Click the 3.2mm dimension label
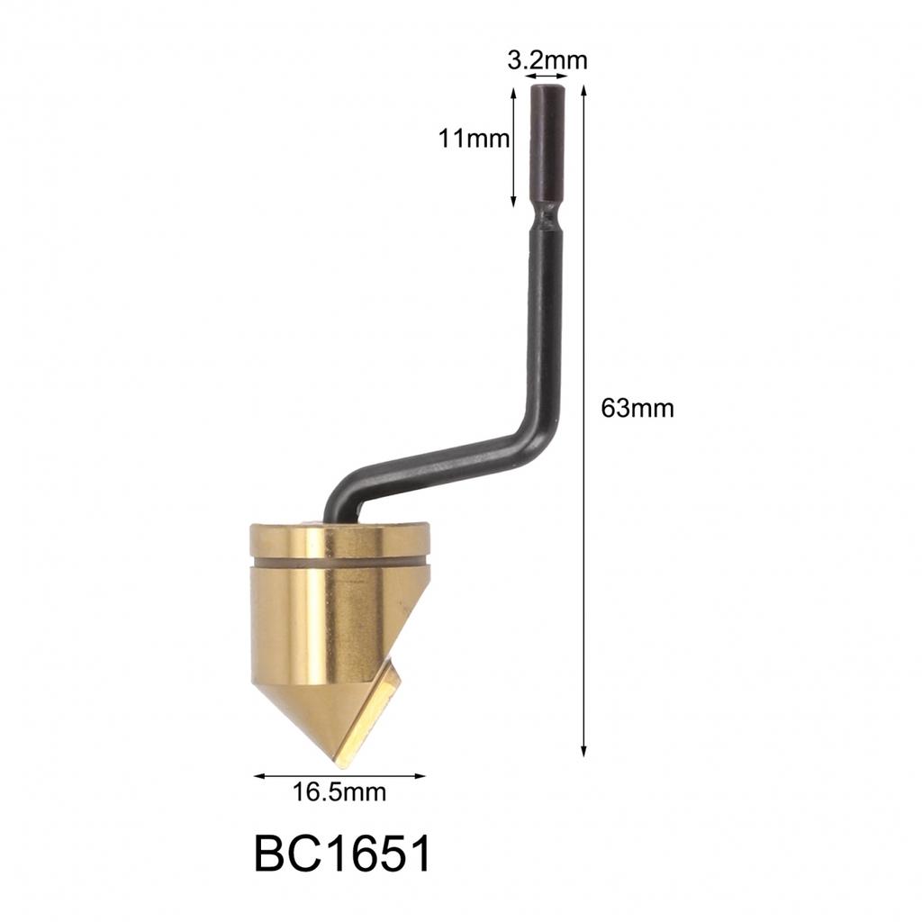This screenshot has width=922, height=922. [x=547, y=60]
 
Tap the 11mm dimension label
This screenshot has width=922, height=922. [x=474, y=139]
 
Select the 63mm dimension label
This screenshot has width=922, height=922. [x=637, y=408]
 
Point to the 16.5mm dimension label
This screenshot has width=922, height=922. [x=339, y=792]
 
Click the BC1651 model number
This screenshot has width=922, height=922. [x=343, y=854]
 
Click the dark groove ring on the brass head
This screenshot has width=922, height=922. [x=339, y=562]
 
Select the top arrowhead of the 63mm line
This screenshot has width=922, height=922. [x=583, y=91]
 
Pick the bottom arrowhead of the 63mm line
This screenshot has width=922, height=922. [x=583, y=751]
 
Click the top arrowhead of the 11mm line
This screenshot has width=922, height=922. [x=513, y=94]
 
